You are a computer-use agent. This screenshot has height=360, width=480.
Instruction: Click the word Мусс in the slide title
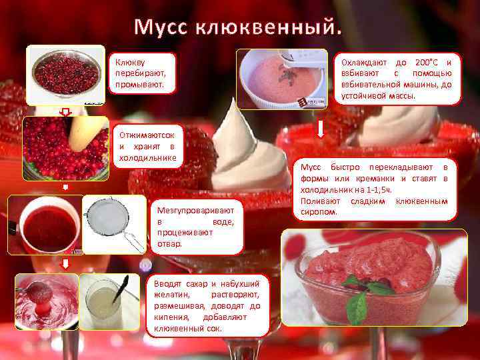click(x=161, y=27)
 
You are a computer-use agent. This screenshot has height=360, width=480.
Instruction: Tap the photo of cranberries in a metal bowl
click(x=66, y=75)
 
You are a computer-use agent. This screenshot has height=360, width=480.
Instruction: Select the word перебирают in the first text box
click(x=141, y=73)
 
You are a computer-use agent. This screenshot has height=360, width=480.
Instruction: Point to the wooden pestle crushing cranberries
click(x=87, y=132)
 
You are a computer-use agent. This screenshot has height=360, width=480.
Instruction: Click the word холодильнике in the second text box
click(x=148, y=158)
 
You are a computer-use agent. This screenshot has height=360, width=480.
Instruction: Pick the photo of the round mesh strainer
click(x=114, y=225)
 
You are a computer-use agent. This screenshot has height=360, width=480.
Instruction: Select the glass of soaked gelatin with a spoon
click(x=109, y=301)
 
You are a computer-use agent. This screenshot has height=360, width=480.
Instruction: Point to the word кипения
click(x=171, y=317)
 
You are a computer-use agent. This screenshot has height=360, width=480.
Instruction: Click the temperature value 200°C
click(x=427, y=63)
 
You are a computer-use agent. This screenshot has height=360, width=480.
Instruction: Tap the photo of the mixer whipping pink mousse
click(x=282, y=79)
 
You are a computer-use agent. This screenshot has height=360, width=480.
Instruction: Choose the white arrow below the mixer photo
click(x=321, y=129)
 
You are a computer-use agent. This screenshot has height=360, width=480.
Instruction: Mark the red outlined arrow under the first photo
click(x=65, y=113)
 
